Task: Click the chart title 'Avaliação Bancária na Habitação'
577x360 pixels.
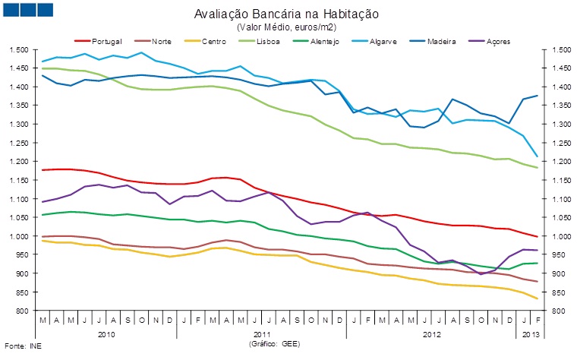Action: click(x=286, y=14)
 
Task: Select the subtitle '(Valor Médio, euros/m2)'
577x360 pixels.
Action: click(x=286, y=27)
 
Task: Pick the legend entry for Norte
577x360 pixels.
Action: click(x=160, y=39)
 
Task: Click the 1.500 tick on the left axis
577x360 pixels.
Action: click(x=18, y=49)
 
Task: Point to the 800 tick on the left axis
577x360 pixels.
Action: click(x=21, y=311)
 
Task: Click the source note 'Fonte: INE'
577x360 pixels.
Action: click(x=20, y=346)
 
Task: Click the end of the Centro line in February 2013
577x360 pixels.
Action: click(x=538, y=298)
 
